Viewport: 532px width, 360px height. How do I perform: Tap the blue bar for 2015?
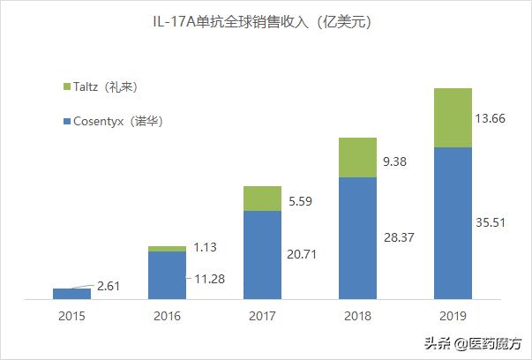click(71, 294)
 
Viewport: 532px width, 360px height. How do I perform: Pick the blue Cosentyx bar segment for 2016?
click(167, 275)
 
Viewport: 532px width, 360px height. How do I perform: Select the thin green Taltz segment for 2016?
click(167, 249)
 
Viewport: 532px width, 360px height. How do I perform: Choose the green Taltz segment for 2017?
click(262, 199)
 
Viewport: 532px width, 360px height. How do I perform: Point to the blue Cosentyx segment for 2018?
click(357, 238)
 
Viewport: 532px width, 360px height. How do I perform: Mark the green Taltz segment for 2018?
click(357, 158)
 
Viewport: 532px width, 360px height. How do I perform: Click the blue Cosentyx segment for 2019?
click(453, 223)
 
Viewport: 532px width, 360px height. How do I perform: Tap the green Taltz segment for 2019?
click(453, 117)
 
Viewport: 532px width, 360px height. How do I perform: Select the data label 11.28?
click(210, 280)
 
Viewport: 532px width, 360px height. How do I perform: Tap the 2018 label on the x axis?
click(357, 316)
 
